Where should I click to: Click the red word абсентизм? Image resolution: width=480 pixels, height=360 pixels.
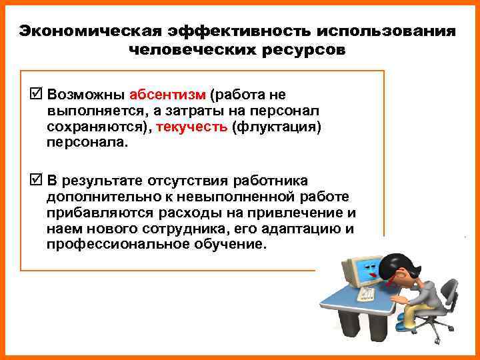pos(168,93)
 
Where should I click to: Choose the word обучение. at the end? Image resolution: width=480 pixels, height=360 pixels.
pos(235,245)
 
